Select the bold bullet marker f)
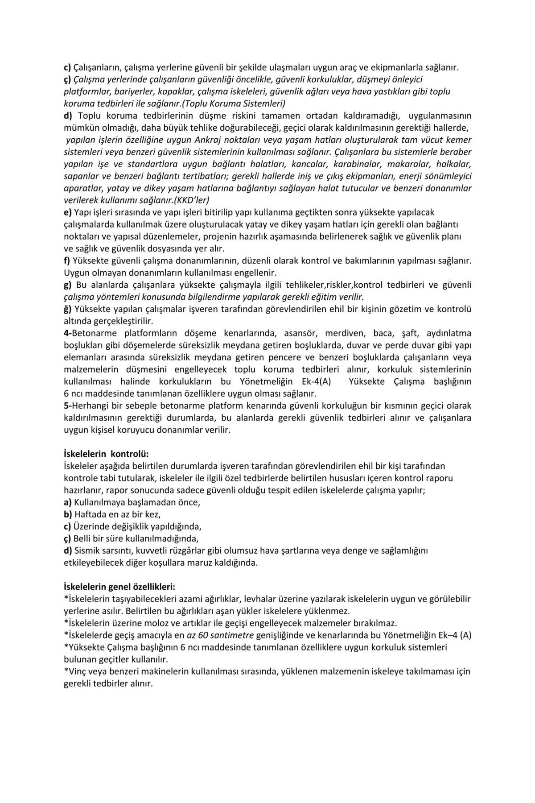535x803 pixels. [x=67, y=260]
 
